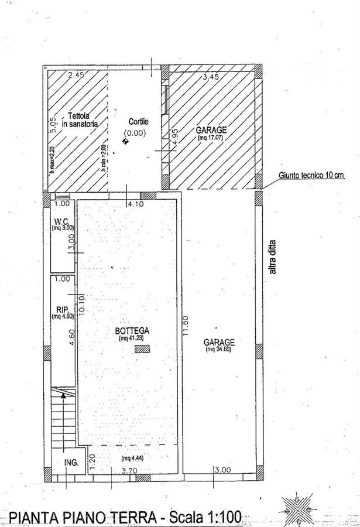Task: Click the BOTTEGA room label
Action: pos(132,331)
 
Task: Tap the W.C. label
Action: pos(61,221)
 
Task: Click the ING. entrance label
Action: pos(71,463)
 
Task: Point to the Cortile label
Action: pos(138,122)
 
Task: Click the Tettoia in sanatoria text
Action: pos(80,120)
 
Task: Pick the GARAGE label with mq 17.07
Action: pos(211,130)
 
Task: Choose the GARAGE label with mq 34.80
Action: pos(219,343)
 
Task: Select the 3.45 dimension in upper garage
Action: pos(210,77)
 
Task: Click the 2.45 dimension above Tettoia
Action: pos(76,75)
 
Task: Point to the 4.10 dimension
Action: pos(135,204)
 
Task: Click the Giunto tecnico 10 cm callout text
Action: pos(311,175)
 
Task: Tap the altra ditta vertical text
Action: pos(272,257)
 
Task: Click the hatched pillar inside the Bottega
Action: pos(142,349)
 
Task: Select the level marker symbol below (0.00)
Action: pos(126,142)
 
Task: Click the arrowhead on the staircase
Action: pos(63,396)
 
